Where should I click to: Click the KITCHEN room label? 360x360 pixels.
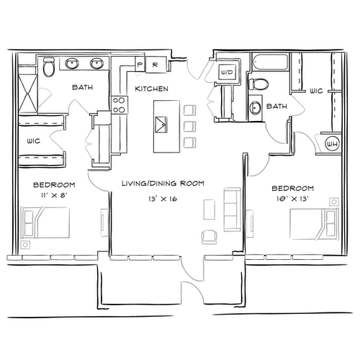(151, 89)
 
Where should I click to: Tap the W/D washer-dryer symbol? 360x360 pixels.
(227, 72)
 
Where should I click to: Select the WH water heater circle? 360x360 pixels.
(333, 144)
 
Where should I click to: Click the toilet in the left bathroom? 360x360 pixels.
(49, 67)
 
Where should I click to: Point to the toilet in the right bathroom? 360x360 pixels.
(258, 84)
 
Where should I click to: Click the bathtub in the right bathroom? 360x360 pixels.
(269, 63)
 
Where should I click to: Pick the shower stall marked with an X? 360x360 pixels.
(28, 94)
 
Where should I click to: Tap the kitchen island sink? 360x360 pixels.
(161, 125)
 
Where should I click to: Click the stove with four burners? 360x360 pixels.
(120, 104)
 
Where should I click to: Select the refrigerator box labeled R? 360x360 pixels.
(156, 64)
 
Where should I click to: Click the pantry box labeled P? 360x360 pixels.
(140, 64)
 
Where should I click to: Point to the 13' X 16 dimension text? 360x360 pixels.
(163, 199)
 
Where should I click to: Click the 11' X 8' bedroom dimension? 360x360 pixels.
(54, 195)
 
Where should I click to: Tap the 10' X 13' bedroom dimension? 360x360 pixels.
(292, 199)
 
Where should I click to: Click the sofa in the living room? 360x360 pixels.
(233, 210)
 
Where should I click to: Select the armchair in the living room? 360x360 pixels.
(210, 237)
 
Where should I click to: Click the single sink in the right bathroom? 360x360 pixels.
(255, 108)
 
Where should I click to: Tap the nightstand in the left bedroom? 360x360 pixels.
(25, 245)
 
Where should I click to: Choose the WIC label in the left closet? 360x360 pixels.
(34, 141)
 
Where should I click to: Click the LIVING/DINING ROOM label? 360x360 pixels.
(163, 184)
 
